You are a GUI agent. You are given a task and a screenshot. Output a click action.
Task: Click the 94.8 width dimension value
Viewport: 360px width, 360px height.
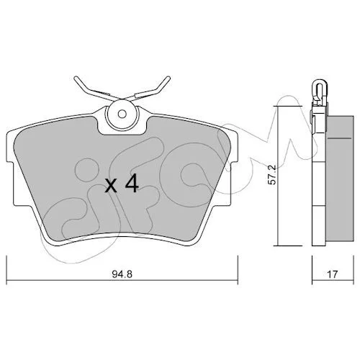tap(122, 274)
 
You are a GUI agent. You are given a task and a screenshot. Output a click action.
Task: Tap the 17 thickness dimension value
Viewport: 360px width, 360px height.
tap(333, 274)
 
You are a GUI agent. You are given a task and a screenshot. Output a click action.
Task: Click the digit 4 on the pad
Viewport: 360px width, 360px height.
tap(131, 184)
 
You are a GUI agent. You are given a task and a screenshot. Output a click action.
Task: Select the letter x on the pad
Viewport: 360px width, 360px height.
tap(111, 186)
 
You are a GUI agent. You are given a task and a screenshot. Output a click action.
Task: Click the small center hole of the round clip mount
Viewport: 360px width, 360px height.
tap(122, 114)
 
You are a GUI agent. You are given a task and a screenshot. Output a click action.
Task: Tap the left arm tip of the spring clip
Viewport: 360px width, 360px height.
tap(76, 78)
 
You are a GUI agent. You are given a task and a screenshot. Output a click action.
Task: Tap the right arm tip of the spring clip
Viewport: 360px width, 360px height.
tap(168, 78)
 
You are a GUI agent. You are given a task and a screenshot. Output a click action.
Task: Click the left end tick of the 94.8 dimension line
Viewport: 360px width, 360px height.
tap(6, 270)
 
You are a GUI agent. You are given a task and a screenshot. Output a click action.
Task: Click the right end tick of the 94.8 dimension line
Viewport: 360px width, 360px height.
tap(238, 270)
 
